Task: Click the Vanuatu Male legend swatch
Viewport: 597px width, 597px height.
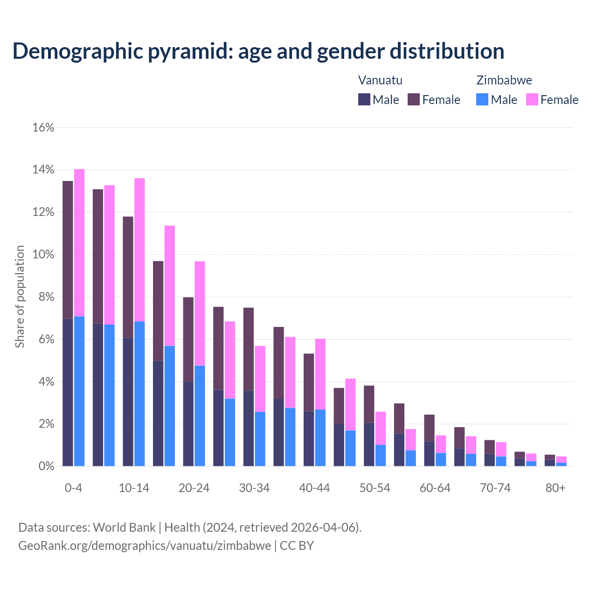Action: [364, 99]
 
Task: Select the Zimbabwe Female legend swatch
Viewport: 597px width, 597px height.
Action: [532, 99]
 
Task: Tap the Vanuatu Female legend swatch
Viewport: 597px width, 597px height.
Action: [414, 99]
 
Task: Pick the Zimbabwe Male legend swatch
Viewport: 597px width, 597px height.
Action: [482, 99]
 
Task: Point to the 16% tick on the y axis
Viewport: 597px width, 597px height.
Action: [43, 127]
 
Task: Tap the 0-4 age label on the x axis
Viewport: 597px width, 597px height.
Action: [74, 488]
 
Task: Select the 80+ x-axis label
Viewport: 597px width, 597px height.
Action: [555, 488]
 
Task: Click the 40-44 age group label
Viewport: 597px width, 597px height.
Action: [314, 488]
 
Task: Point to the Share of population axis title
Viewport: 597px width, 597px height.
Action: [20, 297]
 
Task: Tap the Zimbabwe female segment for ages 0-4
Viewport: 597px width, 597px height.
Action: [79, 243]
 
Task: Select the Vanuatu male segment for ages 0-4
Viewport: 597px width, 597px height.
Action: [68, 392]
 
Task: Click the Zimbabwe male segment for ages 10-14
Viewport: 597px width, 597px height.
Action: [139, 394]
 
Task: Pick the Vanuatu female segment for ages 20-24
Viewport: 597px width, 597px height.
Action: [188, 340]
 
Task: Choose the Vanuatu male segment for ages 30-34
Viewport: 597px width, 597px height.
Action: [249, 428]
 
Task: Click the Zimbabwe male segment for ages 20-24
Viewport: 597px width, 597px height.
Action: [200, 416]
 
